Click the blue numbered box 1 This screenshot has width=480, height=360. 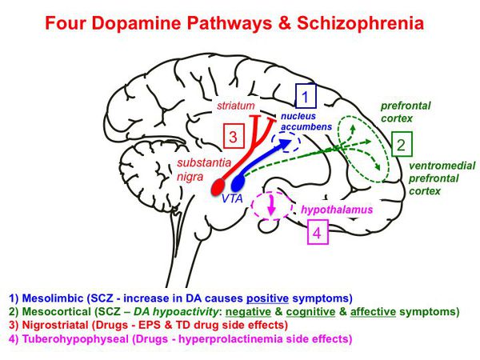306,98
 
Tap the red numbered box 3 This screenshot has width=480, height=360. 231,137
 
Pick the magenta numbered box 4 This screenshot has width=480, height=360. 317,234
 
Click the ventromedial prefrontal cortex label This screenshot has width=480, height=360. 441,178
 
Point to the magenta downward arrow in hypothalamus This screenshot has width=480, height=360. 271,206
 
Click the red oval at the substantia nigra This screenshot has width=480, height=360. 218,187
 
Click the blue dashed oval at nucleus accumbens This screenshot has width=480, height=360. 286,142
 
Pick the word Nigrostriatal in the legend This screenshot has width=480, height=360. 56,326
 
